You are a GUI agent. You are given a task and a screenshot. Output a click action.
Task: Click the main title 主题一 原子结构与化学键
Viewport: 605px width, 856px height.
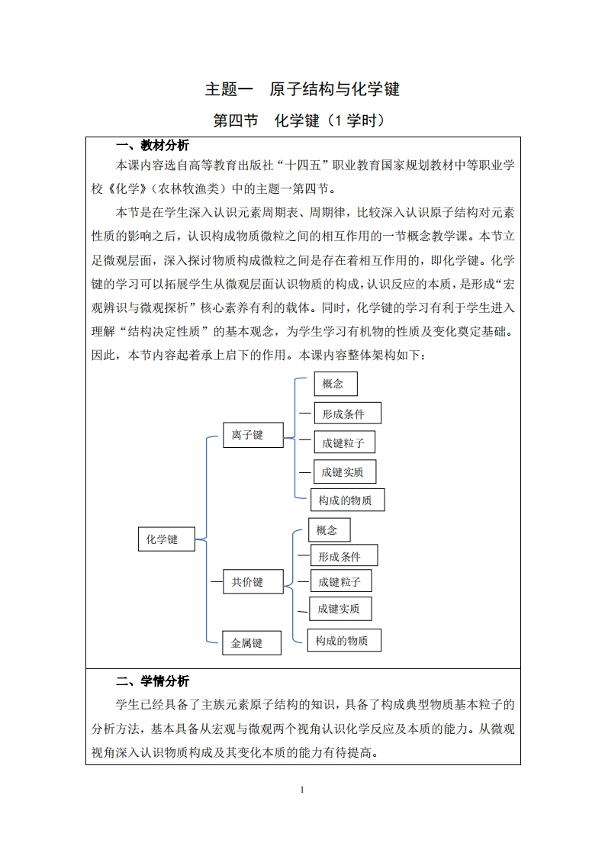[302, 89]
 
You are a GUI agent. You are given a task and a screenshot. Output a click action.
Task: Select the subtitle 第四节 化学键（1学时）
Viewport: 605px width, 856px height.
[302, 121]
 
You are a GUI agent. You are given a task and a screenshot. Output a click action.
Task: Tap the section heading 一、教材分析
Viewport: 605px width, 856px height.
[152, 146]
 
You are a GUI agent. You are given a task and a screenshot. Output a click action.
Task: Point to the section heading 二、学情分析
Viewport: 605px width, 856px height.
[152, 681]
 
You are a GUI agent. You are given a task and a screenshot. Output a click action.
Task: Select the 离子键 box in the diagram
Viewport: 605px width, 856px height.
[251, 435]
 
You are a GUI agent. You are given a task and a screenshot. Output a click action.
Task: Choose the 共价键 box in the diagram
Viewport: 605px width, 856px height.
[251, 582]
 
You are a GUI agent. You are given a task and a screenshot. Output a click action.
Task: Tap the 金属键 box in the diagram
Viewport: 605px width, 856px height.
[251, 643]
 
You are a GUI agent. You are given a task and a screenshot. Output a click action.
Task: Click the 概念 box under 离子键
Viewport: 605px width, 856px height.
[335, 384]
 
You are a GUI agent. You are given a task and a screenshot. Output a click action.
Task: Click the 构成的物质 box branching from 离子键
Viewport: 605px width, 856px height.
[347, 500]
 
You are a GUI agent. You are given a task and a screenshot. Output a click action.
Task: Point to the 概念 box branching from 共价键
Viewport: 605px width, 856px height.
[329, 529]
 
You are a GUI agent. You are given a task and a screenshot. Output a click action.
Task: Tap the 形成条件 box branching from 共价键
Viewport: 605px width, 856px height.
[343, 555]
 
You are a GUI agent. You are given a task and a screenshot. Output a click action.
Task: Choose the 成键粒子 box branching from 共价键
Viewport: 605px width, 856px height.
[340, 581]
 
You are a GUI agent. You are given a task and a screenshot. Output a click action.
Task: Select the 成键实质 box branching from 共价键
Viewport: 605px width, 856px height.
[340, 608]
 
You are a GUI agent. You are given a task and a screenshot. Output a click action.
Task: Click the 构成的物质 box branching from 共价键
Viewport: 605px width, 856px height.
[343, 640]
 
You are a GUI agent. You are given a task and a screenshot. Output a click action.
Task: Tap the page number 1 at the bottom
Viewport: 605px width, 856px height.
[303, 789]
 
